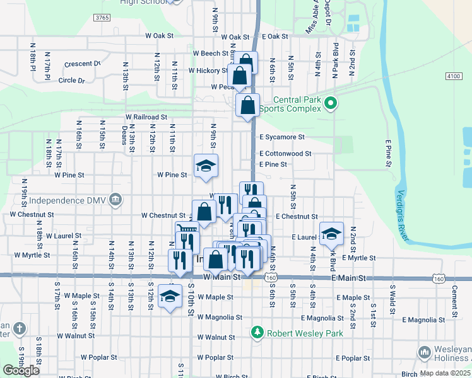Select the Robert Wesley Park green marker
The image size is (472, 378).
point(257,331)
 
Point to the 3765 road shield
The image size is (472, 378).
point(102,18)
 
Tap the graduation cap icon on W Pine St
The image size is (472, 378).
point(206,166)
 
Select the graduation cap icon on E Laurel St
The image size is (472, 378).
point(331,234)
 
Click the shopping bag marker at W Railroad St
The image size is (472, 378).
point(248,106)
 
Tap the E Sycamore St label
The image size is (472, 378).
point(281,137)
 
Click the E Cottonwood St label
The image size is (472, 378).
point(285,153)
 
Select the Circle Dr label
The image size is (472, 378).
point(71,81)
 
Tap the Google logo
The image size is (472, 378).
point(21,370)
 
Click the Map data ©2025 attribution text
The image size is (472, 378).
point(445,373)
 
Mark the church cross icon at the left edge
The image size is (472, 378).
point(20,329)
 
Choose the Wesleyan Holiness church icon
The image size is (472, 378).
point(424,352)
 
